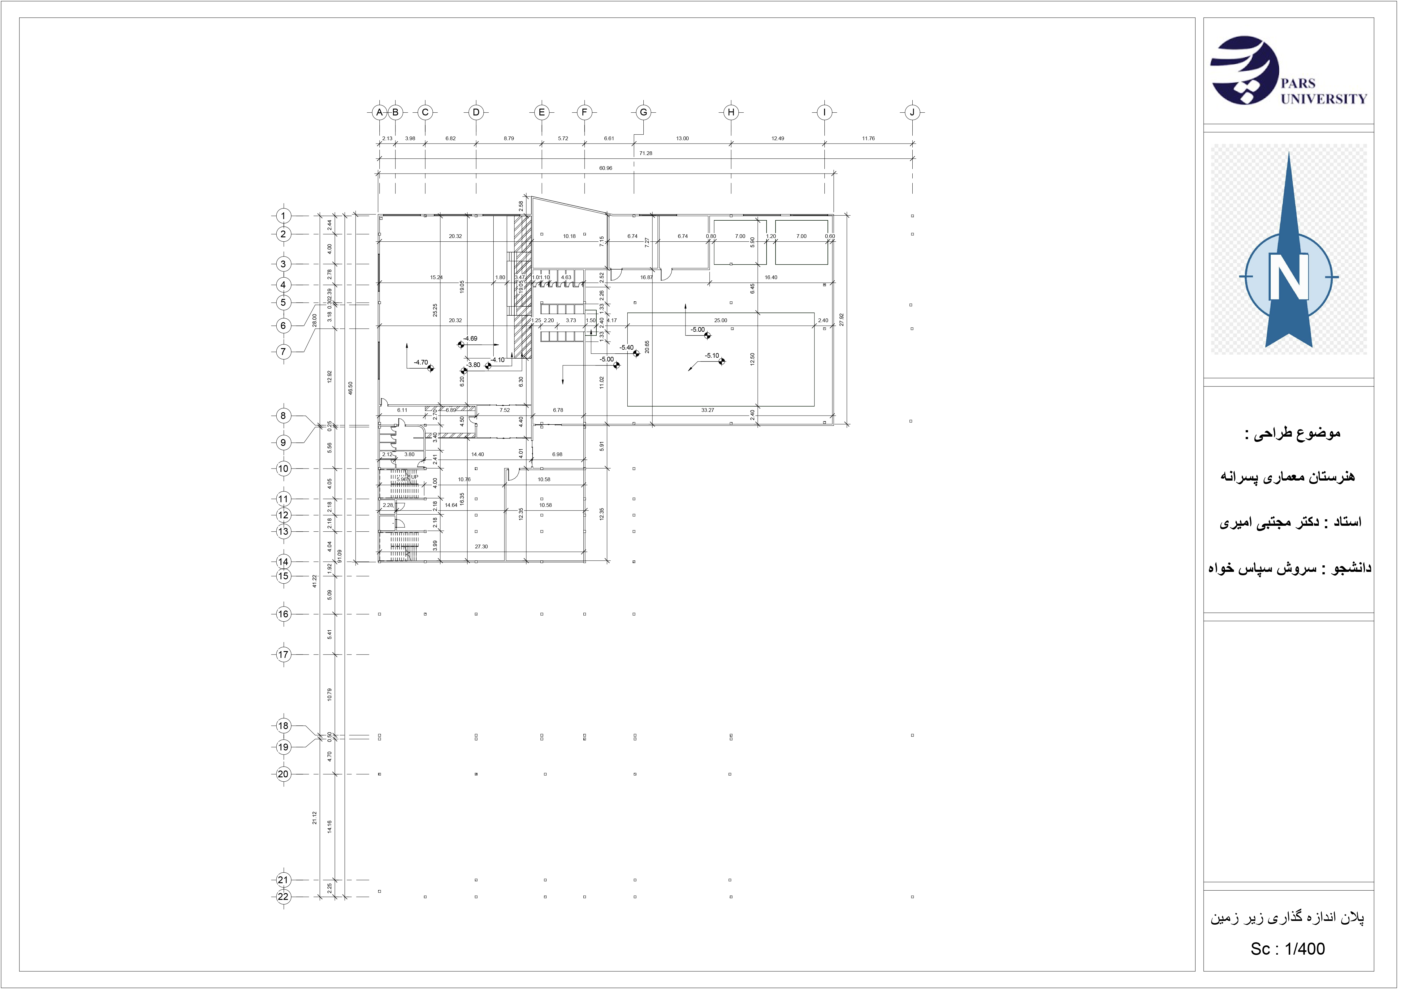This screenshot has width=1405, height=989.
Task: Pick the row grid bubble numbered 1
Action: coord(283,215)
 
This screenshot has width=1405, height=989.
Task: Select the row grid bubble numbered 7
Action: coord(283,352)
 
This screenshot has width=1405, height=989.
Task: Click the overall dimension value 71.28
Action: coord(646,153)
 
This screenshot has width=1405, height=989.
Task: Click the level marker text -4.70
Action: coord(421,362)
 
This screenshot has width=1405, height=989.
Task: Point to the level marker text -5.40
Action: coord(627,348)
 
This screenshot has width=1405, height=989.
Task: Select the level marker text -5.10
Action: coord(712,356)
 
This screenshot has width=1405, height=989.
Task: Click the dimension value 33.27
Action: coord(707,410)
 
